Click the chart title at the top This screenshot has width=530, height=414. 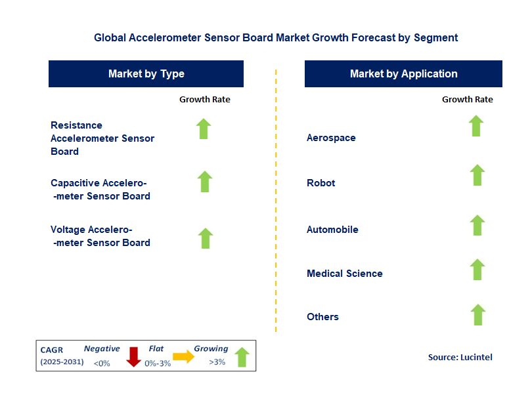[276, 38]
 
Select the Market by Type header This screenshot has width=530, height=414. [146, 74]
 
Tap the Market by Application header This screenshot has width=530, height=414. [403, 74]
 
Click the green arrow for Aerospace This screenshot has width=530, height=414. [476, 126]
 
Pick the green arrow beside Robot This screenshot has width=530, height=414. [477, 175]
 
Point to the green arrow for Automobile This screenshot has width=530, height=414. [477, 225]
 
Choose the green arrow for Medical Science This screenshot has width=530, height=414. [477, 269]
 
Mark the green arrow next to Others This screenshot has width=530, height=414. [477, 315]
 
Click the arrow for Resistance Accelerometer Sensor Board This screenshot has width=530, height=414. [204, 129]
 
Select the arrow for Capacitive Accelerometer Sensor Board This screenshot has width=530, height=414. [205, 182]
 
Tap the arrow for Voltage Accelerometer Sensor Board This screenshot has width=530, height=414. [206, 238]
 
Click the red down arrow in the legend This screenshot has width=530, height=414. [134, 356]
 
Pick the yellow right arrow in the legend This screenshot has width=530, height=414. [183, 357]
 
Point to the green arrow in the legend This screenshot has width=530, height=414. [242, 357]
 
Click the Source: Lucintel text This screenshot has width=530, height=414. [460, 358]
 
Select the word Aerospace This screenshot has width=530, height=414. [331, 138]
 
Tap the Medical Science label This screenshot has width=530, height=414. [344, 274]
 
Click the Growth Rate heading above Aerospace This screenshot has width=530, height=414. [467, 100]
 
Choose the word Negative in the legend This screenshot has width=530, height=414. [102, 349]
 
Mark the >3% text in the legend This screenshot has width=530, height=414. [217, 362]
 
